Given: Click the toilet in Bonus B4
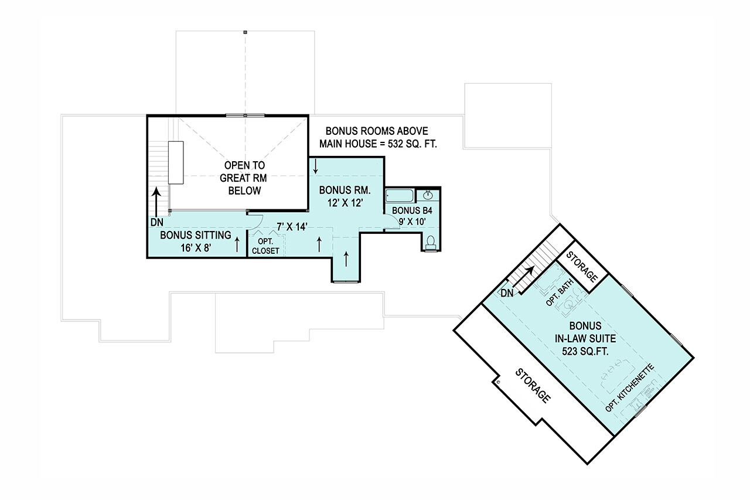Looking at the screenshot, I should [x=431, y=242].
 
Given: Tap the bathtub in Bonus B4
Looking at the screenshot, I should [x=400, y=196].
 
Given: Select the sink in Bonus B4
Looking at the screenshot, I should [x=428, y=195].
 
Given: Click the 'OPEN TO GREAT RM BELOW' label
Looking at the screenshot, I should [x=240, y=178].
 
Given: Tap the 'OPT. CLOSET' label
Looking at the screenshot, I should [x=265, y=246].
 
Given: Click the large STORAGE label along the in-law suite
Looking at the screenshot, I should [x=533, y=386].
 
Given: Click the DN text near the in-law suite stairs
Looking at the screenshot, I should [x=507, y=292].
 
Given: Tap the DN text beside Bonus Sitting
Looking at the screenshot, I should [x=156, y=223].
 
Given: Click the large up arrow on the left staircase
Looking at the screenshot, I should [x=157, y=202].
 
